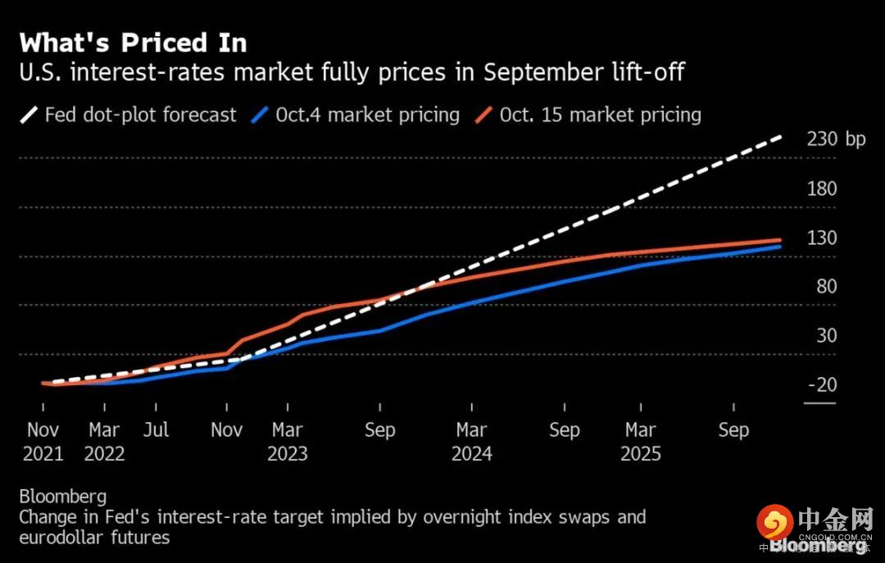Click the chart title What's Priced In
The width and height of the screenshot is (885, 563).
133,42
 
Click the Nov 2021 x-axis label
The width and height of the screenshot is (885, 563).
44,442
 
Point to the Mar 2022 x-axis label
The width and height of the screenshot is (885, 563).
104,442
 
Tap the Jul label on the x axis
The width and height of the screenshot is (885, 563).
155,430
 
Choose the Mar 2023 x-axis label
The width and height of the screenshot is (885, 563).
288,442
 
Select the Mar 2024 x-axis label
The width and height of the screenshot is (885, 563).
472,442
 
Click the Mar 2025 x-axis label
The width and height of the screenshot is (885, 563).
640,442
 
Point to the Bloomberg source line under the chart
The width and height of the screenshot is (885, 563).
62,497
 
